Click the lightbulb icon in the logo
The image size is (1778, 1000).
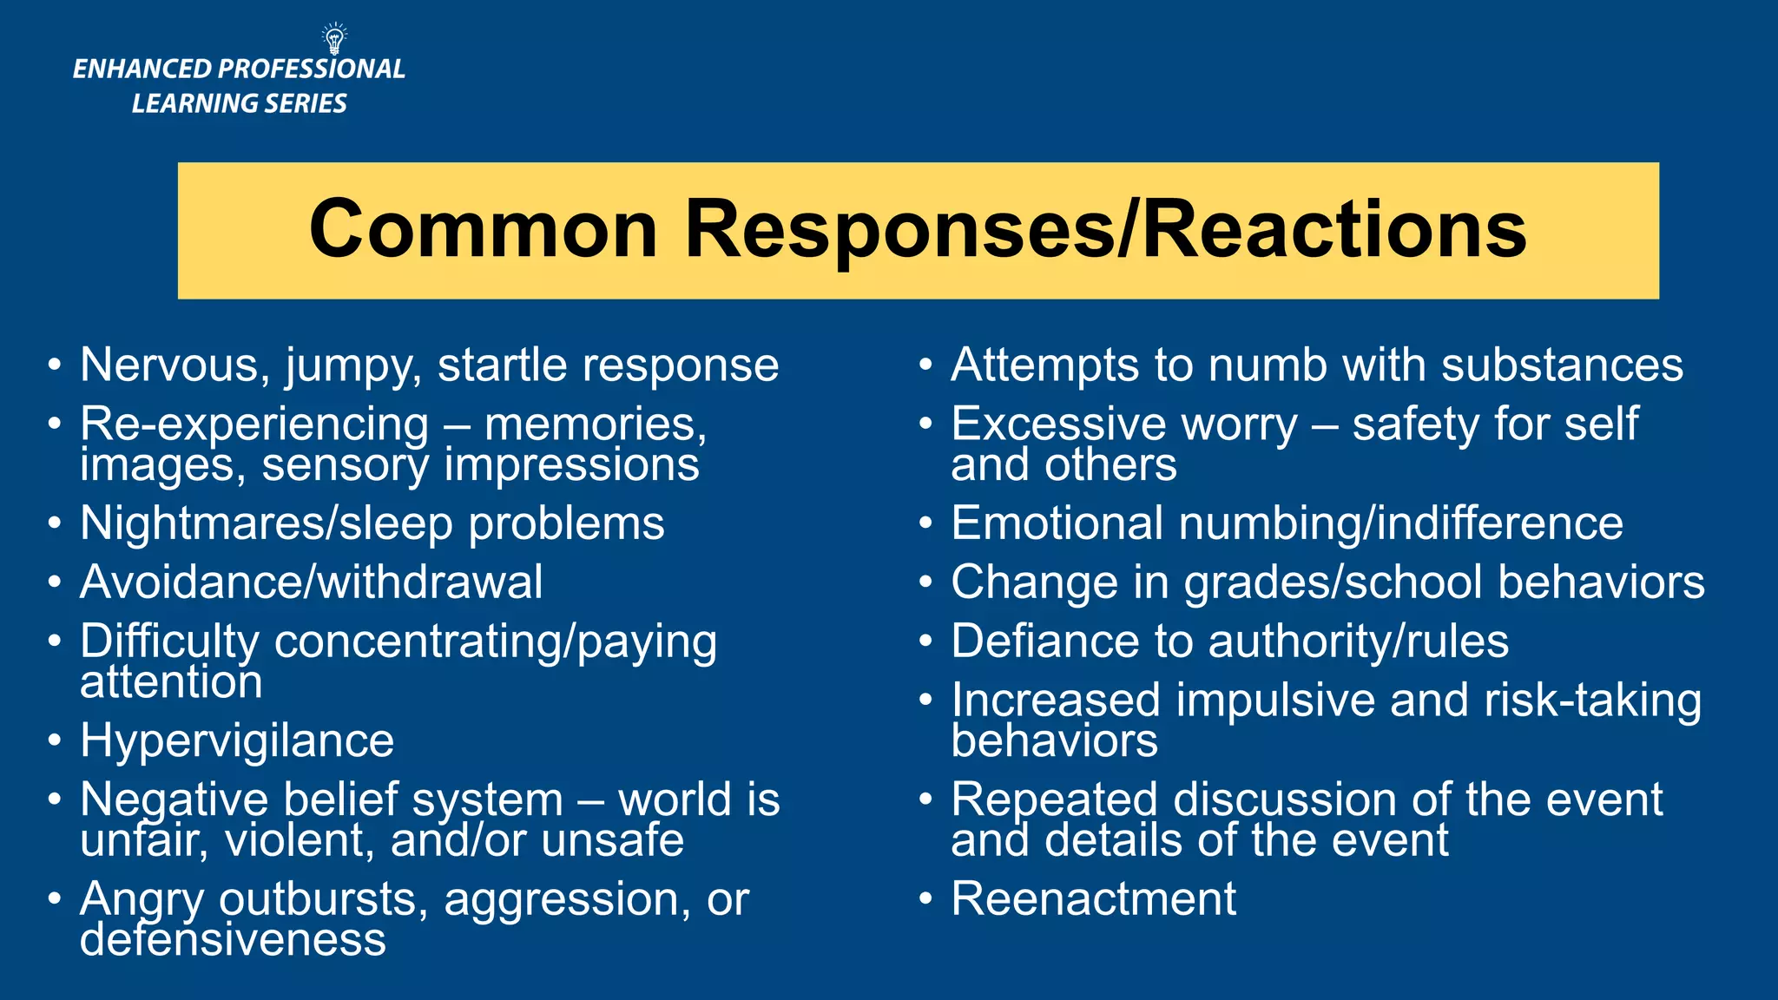(334, 39)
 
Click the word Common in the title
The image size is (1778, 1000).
(483, 229)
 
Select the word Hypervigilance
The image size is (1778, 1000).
(237, 741)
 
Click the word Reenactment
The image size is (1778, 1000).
(1093, 898)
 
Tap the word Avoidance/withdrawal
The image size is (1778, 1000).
(311, 582)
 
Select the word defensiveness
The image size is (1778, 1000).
(233, 939)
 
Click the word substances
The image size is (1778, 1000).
(1562, 365)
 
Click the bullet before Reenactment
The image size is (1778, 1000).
(925, 898)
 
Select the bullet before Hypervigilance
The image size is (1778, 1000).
(55, 741)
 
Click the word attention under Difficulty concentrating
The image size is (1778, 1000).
(171, 681)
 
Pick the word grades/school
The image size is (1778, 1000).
(1333, 582)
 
